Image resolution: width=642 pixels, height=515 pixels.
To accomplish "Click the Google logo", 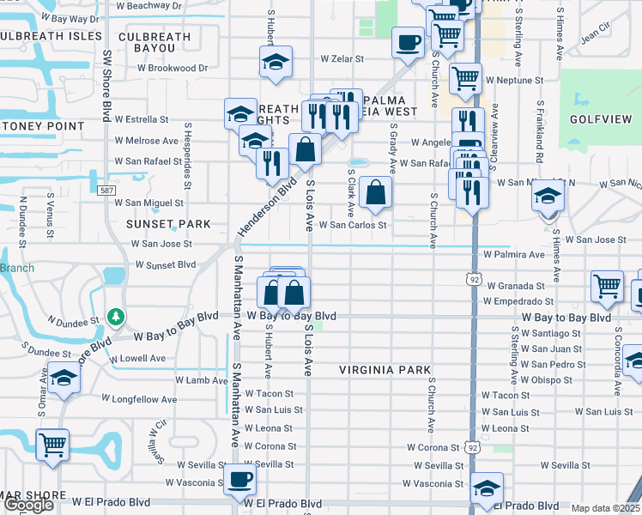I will [x=28, y=505].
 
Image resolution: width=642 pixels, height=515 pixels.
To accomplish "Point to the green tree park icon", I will [x=114, y=318].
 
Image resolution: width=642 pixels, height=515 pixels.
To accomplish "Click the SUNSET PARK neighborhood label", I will [x=168, y=224].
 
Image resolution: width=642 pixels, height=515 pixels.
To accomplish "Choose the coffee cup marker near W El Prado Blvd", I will [x=239, y=479].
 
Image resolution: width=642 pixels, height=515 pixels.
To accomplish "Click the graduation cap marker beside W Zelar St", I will [x=276, y=62].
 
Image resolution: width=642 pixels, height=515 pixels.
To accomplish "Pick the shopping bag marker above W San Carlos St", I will [x=375, y=192].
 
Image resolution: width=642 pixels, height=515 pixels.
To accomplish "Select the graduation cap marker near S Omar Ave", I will [x=64, y=379].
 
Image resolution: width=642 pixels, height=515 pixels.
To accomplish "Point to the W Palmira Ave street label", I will [x=514, y=255].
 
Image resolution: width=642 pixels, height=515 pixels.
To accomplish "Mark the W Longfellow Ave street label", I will [x=139, y=399].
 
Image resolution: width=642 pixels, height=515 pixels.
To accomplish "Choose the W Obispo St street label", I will [x=553, y=379].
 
